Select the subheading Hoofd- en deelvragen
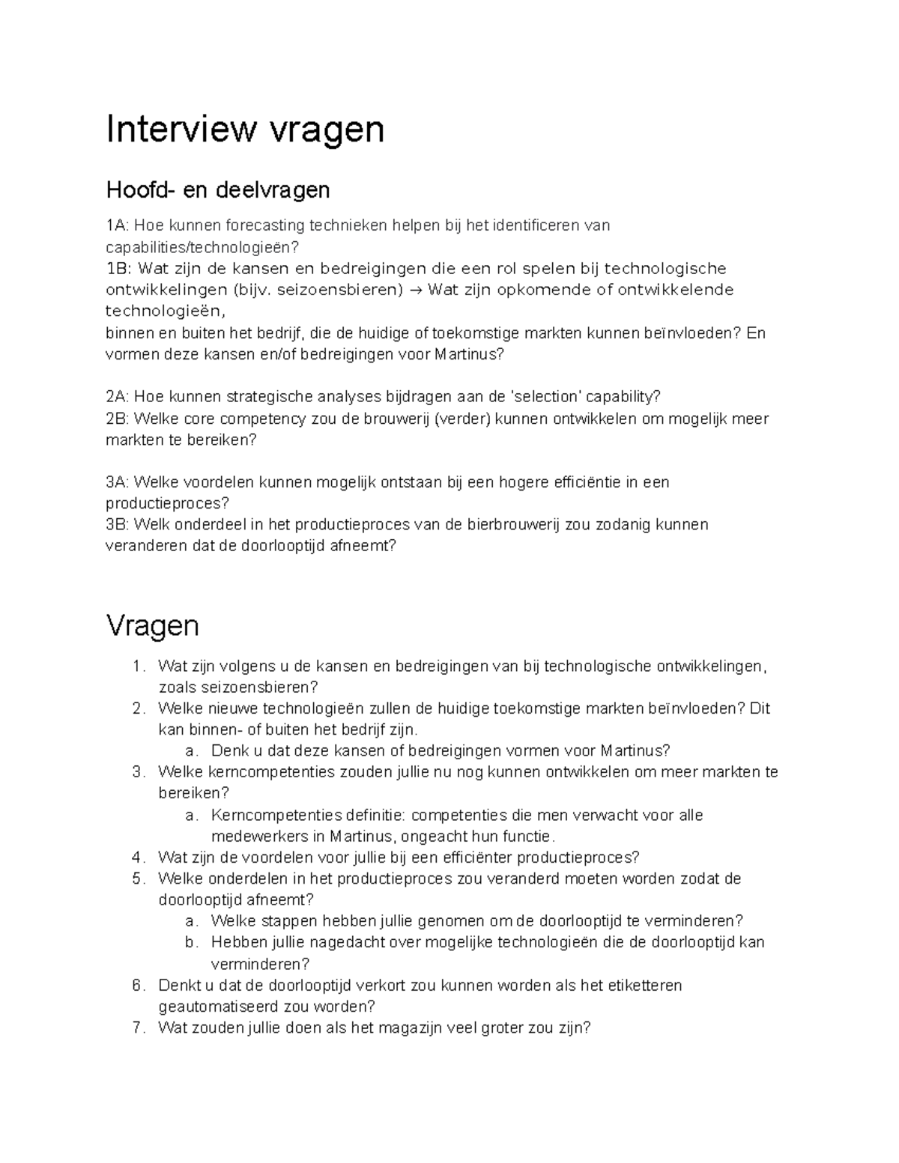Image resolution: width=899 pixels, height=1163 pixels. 217,190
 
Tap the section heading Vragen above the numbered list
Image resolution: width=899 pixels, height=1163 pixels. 152,625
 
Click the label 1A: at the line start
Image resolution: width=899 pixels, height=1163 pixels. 118,225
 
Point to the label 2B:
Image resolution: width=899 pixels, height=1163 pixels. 118,419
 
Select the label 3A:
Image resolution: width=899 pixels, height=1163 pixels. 118,482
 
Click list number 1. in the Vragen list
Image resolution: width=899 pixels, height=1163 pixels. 136,666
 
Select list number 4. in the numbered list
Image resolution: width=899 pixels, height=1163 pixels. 136,857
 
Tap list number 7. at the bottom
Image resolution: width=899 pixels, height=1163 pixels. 136,1027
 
